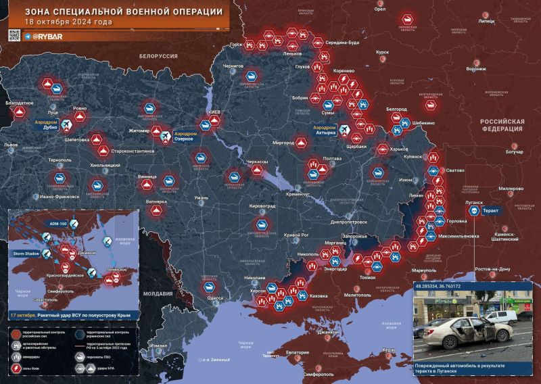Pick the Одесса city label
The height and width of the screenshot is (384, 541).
pos(215,298)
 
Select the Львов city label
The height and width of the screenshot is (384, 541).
pos(10,145)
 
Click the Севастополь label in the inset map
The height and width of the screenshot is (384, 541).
pos(32,300)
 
